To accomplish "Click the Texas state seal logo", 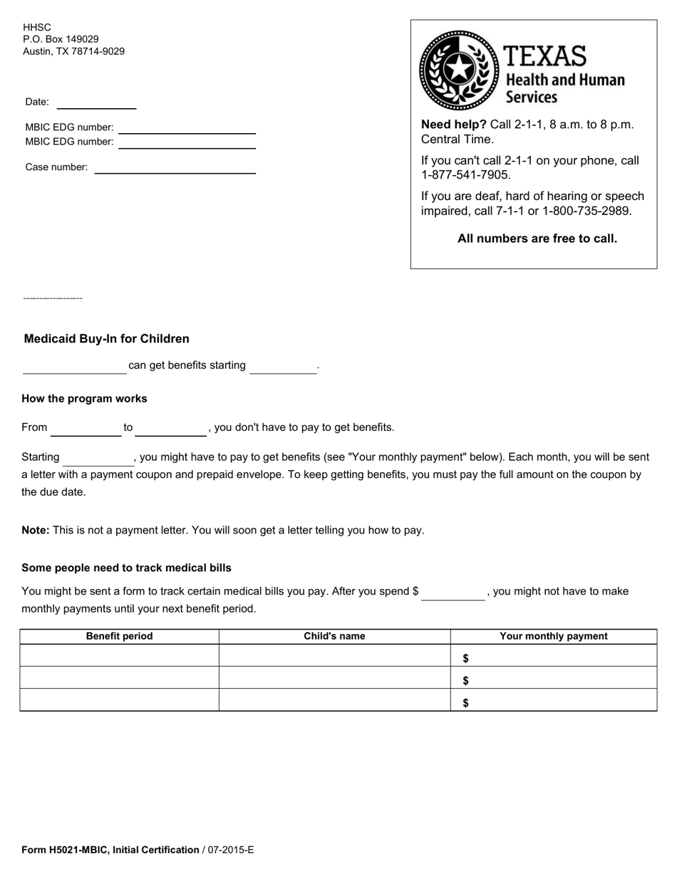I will [459, 70].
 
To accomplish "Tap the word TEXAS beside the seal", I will [545, 56].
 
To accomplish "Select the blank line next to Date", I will [96, 103].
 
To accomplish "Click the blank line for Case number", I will [175, 168].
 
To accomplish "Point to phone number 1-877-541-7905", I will [466, 175].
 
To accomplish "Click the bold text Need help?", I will [453, 125].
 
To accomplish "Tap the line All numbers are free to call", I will [537, 239].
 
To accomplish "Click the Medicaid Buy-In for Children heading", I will [107, 339].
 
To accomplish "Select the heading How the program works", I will [84, 399].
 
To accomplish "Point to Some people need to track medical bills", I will [126, 568].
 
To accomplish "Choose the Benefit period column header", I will [119, 637].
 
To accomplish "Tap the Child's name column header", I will [334, 637].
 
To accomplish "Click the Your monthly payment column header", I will [554, 637].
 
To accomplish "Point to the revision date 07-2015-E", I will [231, 850].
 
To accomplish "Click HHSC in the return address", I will [37, 27].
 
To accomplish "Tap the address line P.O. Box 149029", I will [61, 39].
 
